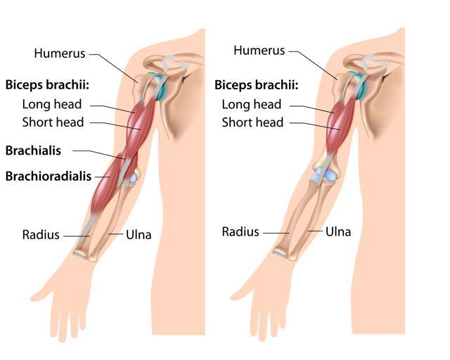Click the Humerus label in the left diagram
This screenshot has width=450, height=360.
[60, 53]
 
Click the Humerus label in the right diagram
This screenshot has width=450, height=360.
[259, 51]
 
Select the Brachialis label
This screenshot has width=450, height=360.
[33, 150]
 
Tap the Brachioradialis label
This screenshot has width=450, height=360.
[49, 176]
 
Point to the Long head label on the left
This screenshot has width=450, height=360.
[52, 104]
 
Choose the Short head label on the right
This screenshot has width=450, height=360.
[252, 122]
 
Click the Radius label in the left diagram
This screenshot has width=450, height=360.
[41, 235]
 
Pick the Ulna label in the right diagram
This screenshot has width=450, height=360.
[338, 232]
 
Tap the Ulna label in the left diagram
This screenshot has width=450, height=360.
[139, 235]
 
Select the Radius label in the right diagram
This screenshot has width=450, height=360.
[240, 232]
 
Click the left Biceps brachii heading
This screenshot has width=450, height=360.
[47, 85]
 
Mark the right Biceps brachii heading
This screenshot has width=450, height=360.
[257, 85]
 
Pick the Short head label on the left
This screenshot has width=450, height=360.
[53, 122]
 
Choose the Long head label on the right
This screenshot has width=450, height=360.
[252, 105]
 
